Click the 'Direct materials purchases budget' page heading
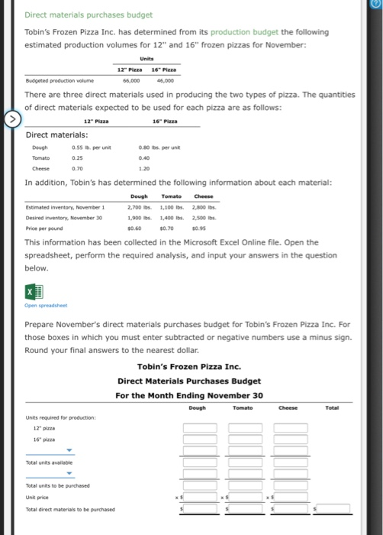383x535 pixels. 89,15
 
